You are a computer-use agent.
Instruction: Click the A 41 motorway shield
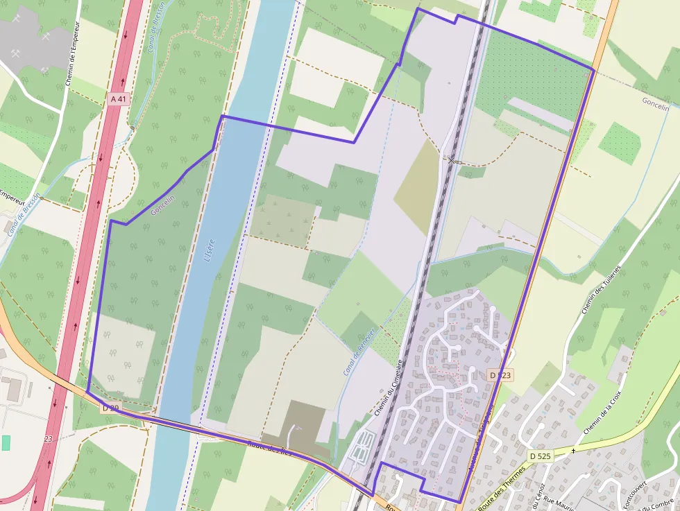[119, 99]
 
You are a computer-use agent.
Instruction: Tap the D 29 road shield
[110, 408]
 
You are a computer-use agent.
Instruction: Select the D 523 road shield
[500, 375]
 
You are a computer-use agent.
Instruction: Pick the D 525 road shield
[540, 456]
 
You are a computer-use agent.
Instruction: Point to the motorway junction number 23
[48, 439]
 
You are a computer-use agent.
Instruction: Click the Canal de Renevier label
[359, 352]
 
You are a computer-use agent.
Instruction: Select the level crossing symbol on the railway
[452, 161]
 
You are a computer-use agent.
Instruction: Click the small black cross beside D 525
[573, 451]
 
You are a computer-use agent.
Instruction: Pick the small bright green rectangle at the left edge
[6, 442]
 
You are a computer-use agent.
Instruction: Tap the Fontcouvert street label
[632, 495]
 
